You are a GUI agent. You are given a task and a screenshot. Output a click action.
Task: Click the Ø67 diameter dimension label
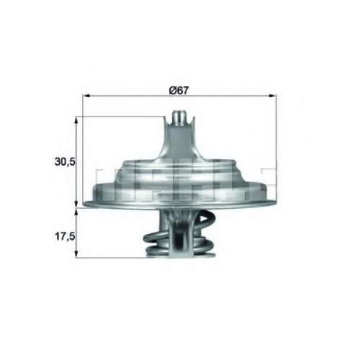click(x=179, y=91)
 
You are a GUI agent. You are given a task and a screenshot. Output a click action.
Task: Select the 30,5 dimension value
click(x=65, y=162)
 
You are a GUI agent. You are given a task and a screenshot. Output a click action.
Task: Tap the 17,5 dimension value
click(x=65, y=237)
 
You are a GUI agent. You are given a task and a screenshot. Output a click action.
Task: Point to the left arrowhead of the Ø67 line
click(x=86, y=96)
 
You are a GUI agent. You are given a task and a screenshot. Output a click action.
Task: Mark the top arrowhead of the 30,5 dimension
click(x=76, y=120)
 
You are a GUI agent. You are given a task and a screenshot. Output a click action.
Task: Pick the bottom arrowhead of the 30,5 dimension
click(x=76, y=204)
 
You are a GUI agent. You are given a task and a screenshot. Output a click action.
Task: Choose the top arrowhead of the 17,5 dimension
click(x=76, y=212)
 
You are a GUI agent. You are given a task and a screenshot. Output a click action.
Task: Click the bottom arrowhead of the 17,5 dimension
click(x=76, y=254)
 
